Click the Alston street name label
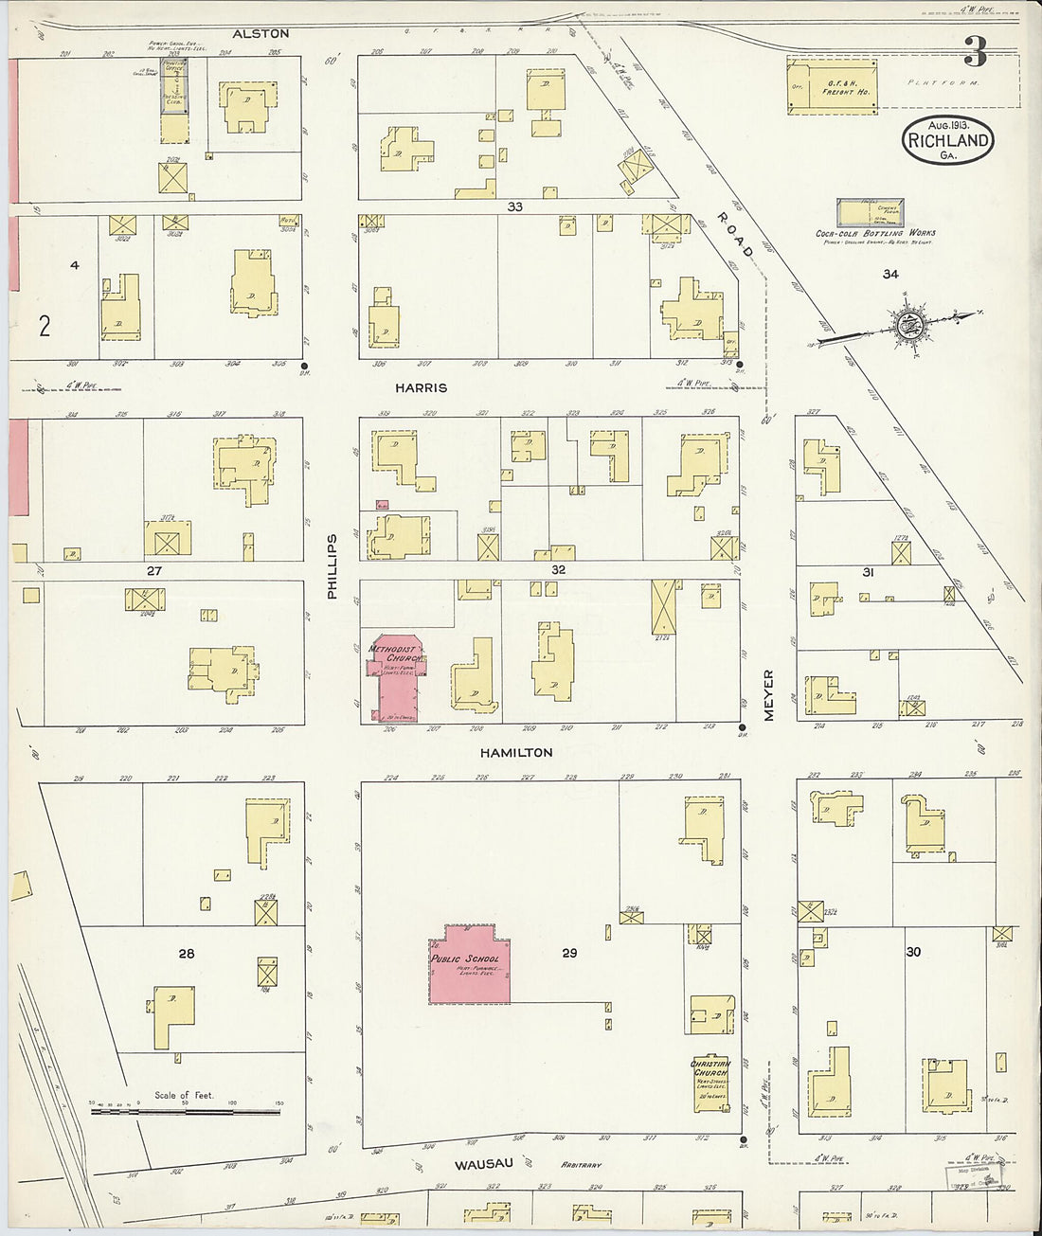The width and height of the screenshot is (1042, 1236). click(x=260, y=33)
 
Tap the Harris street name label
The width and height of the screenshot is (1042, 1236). click(x=422, y=387)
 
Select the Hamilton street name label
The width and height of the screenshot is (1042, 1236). click(x=515, y=752)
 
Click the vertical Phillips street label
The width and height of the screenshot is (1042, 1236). click(x=332, y=566)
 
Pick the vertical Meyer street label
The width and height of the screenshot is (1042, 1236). click(x=768, y=695)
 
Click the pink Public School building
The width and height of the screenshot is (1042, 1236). click(x=470, y=965)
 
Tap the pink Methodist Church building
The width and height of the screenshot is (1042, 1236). click(x=396, y=677)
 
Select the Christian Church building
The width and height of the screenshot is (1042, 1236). click(x=710, y=1084)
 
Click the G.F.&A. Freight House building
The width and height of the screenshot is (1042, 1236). click(x=832, y=87)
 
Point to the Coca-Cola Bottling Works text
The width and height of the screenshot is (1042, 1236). click(x=875, y=233)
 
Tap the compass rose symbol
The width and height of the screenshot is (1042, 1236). click(x=908, y=325)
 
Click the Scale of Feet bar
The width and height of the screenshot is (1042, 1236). click(x=186, y=1109)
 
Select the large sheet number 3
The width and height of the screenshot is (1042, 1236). click(x=975, y=53)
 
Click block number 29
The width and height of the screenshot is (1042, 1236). click(x=568, y=953)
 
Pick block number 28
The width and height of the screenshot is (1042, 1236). click(x=187, y=953)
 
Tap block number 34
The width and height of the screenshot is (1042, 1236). click(x=889, y=275)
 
